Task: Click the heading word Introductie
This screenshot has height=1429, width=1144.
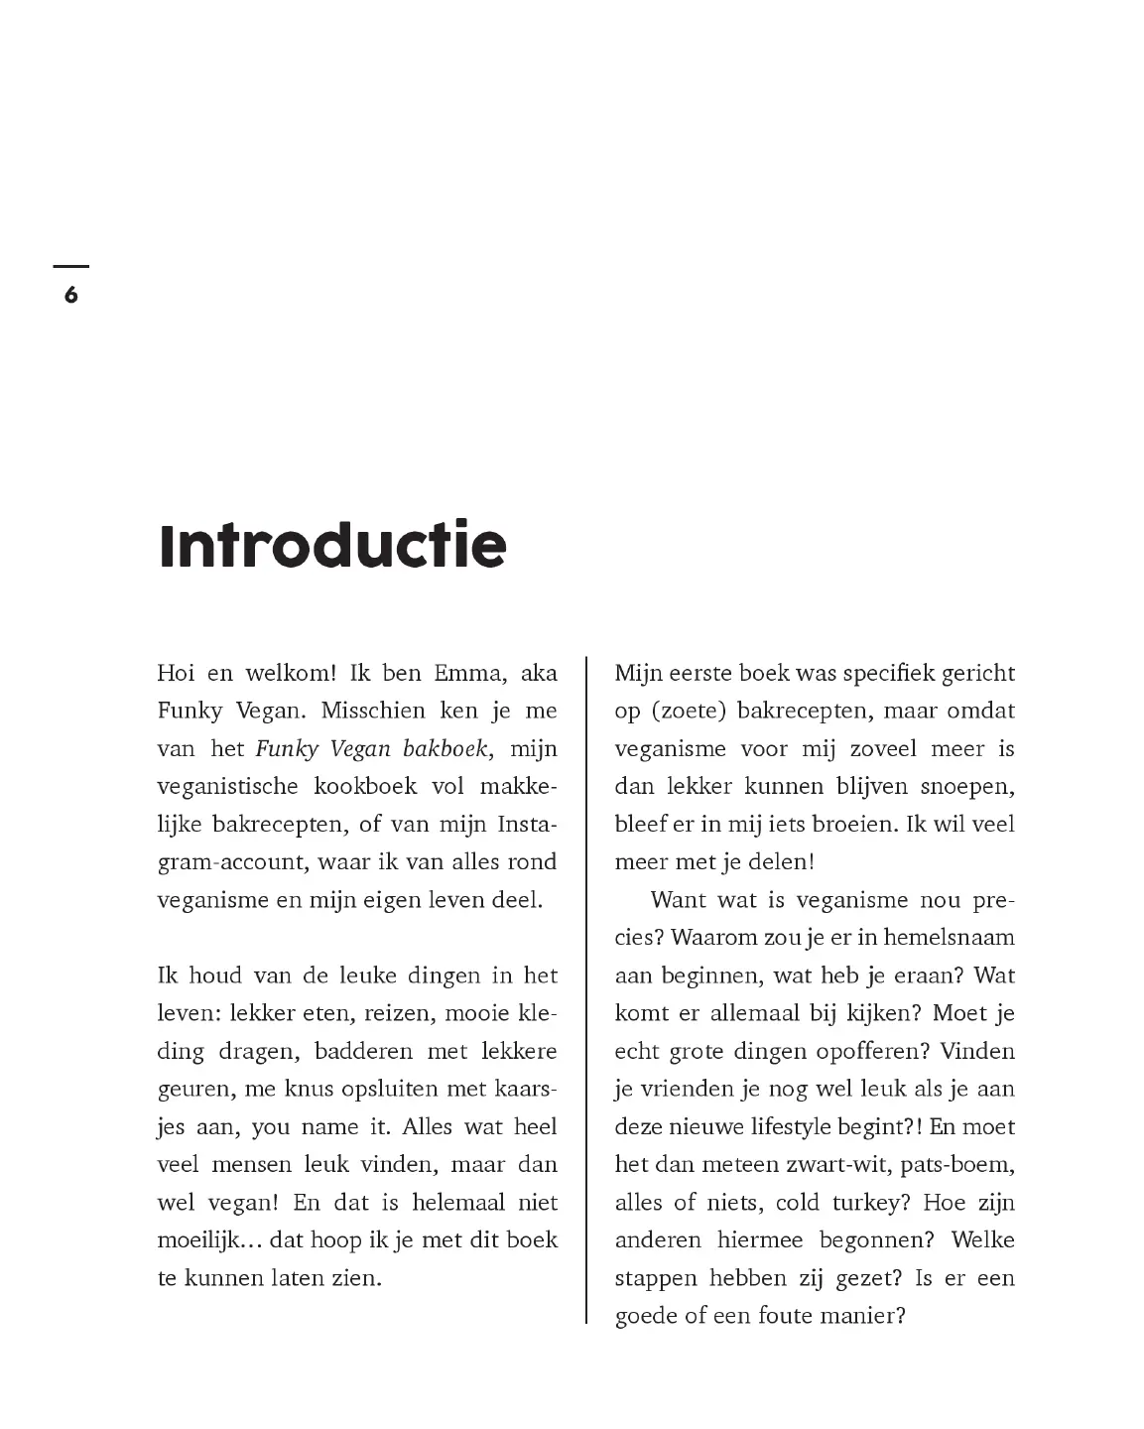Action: (332, 545)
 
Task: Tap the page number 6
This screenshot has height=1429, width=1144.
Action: (70, 295)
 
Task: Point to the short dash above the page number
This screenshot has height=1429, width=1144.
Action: (70, 266)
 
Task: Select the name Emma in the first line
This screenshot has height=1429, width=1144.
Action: (470, 673)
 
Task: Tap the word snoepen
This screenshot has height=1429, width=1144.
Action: (966, 786)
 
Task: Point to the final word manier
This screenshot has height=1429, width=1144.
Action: (864, 1316)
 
